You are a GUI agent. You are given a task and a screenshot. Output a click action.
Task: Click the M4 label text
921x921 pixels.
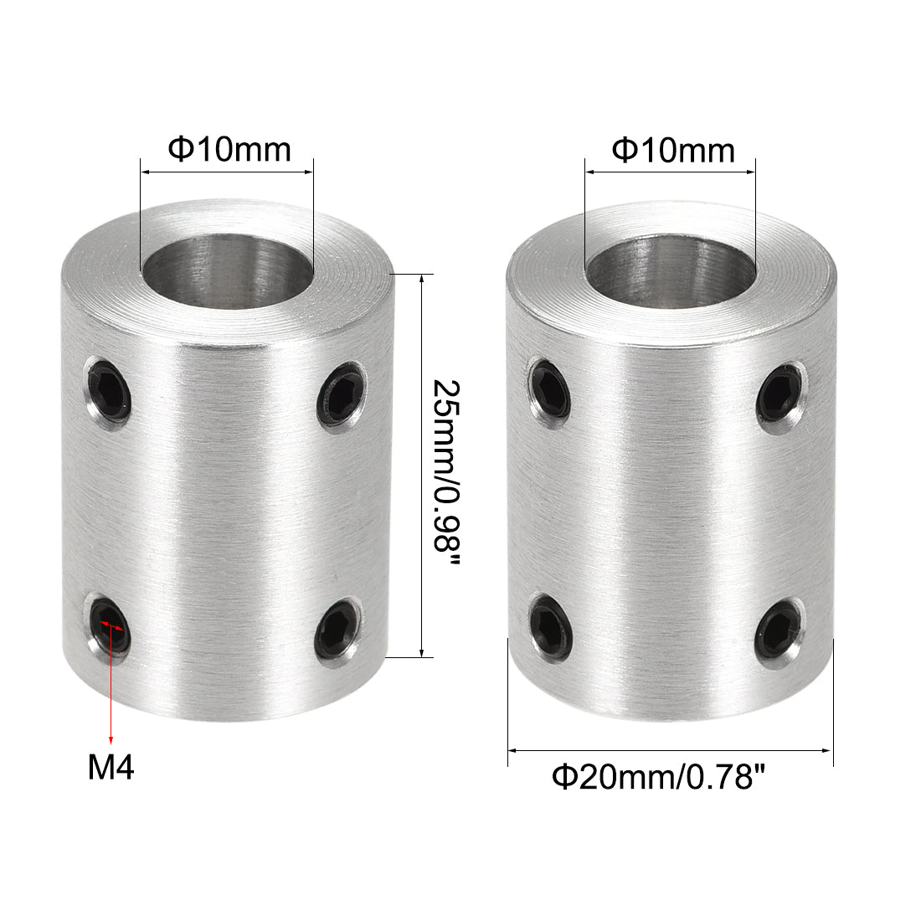(111, 767)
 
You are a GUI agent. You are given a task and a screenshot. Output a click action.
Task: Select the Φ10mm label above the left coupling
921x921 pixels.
(229, 149)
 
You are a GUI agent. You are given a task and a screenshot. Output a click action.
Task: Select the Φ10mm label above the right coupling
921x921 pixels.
(673, 150)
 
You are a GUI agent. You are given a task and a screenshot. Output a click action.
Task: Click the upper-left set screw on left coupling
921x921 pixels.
(111, 393)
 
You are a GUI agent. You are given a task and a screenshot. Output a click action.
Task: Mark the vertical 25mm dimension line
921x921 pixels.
(422, 466)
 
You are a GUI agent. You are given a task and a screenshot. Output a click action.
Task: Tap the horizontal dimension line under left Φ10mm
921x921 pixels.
(227, 172)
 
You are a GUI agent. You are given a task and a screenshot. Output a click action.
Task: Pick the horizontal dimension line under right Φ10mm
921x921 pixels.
(671, 172)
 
